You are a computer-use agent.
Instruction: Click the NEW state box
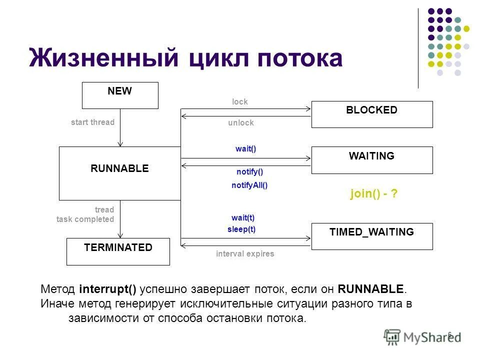point(120,95)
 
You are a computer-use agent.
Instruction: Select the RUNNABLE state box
point(119,173)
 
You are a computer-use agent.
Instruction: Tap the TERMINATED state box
point(118,251)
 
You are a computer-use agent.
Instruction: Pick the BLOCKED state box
point(372,114)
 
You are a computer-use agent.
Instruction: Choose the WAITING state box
point(372,160)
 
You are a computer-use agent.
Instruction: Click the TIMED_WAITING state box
point(372,236)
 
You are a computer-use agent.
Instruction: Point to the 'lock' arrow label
point(240,102)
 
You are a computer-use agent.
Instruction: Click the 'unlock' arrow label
point(241,123)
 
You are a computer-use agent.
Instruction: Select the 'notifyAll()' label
point(249,185)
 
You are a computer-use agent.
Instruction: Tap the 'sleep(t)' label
point(241,229)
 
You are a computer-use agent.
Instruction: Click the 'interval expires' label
point(245,254)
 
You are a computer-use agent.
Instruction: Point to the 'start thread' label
point(92,122)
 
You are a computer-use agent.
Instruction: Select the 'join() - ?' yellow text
point(374,194)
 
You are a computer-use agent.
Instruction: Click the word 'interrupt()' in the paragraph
point(107,289)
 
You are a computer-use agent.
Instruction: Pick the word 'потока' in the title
point(300,59)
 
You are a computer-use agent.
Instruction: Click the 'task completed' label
point(85,219)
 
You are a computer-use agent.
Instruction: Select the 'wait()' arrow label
point(245,149)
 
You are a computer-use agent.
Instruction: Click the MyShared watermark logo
point(422,336)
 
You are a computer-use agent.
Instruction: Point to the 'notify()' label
point(249,172)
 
